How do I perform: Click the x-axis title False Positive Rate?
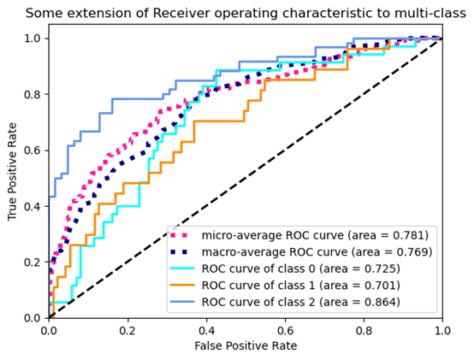246,346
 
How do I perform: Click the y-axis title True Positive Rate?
12,171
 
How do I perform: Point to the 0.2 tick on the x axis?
127,329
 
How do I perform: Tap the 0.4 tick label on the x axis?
206,329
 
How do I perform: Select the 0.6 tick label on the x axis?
285,329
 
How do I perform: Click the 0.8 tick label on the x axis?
364,329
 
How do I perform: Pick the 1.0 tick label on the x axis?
441,329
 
